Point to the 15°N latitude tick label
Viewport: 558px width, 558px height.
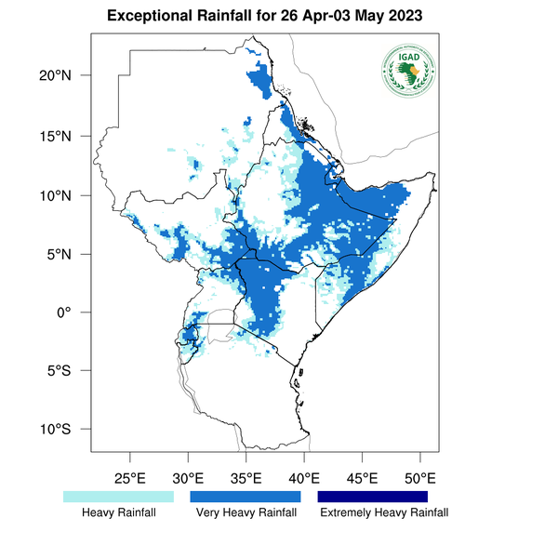pos(67,137)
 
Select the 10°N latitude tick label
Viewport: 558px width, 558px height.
pos(67,196)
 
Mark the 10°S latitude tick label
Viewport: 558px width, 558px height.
pos(67,430)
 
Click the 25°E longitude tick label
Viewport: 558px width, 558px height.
pos(129,479)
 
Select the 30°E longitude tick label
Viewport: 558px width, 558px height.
pos(188,479)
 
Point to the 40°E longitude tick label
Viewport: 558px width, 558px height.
pos(304,479)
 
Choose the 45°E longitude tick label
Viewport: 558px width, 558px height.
pos(362,479)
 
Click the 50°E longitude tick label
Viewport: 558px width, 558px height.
pos(420,479)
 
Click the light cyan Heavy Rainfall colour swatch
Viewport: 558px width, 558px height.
pos(118,498)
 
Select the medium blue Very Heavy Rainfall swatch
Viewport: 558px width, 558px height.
pos(246,498)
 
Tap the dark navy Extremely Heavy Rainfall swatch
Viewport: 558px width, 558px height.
pos(373,498)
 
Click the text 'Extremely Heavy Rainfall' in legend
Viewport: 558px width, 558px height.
pos(383,512)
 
